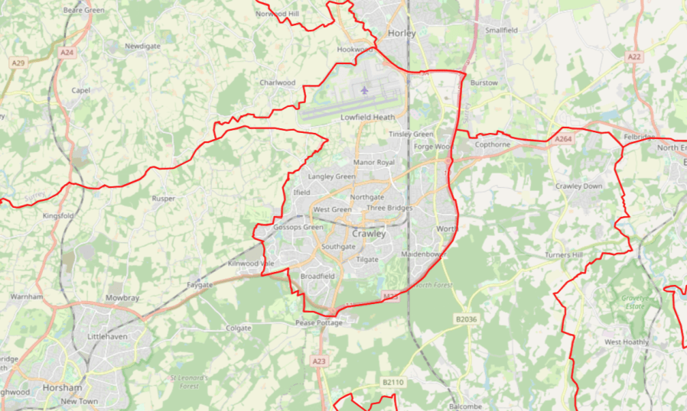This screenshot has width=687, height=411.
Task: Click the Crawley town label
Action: point(369,235)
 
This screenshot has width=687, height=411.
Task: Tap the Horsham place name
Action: point(59,388)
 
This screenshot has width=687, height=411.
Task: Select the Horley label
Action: point(401,34)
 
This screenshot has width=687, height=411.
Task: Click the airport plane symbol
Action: point(364,90)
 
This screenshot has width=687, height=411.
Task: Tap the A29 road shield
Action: point(18,63)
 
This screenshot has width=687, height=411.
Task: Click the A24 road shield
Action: point(67,53)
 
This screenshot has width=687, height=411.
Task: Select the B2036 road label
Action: point(466,319)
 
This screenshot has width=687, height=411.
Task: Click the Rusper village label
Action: point(164,199)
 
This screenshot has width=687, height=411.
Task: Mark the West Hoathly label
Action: point(627,341)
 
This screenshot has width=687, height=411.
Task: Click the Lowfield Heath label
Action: point(367,118)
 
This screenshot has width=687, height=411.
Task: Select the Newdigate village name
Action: point(142,47)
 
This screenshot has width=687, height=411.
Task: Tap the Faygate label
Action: point(199,284)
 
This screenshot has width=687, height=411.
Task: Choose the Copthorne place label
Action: point(492,144)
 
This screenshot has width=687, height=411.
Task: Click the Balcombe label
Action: point(466,406)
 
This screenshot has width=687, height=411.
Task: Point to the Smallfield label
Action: point(501,30)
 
